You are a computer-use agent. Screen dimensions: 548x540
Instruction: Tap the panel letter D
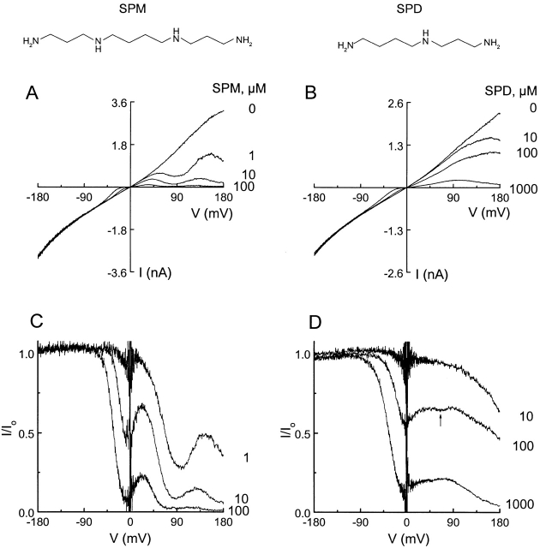click(306, 319)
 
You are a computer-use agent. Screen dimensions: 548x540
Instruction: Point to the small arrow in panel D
click(441, 420)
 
